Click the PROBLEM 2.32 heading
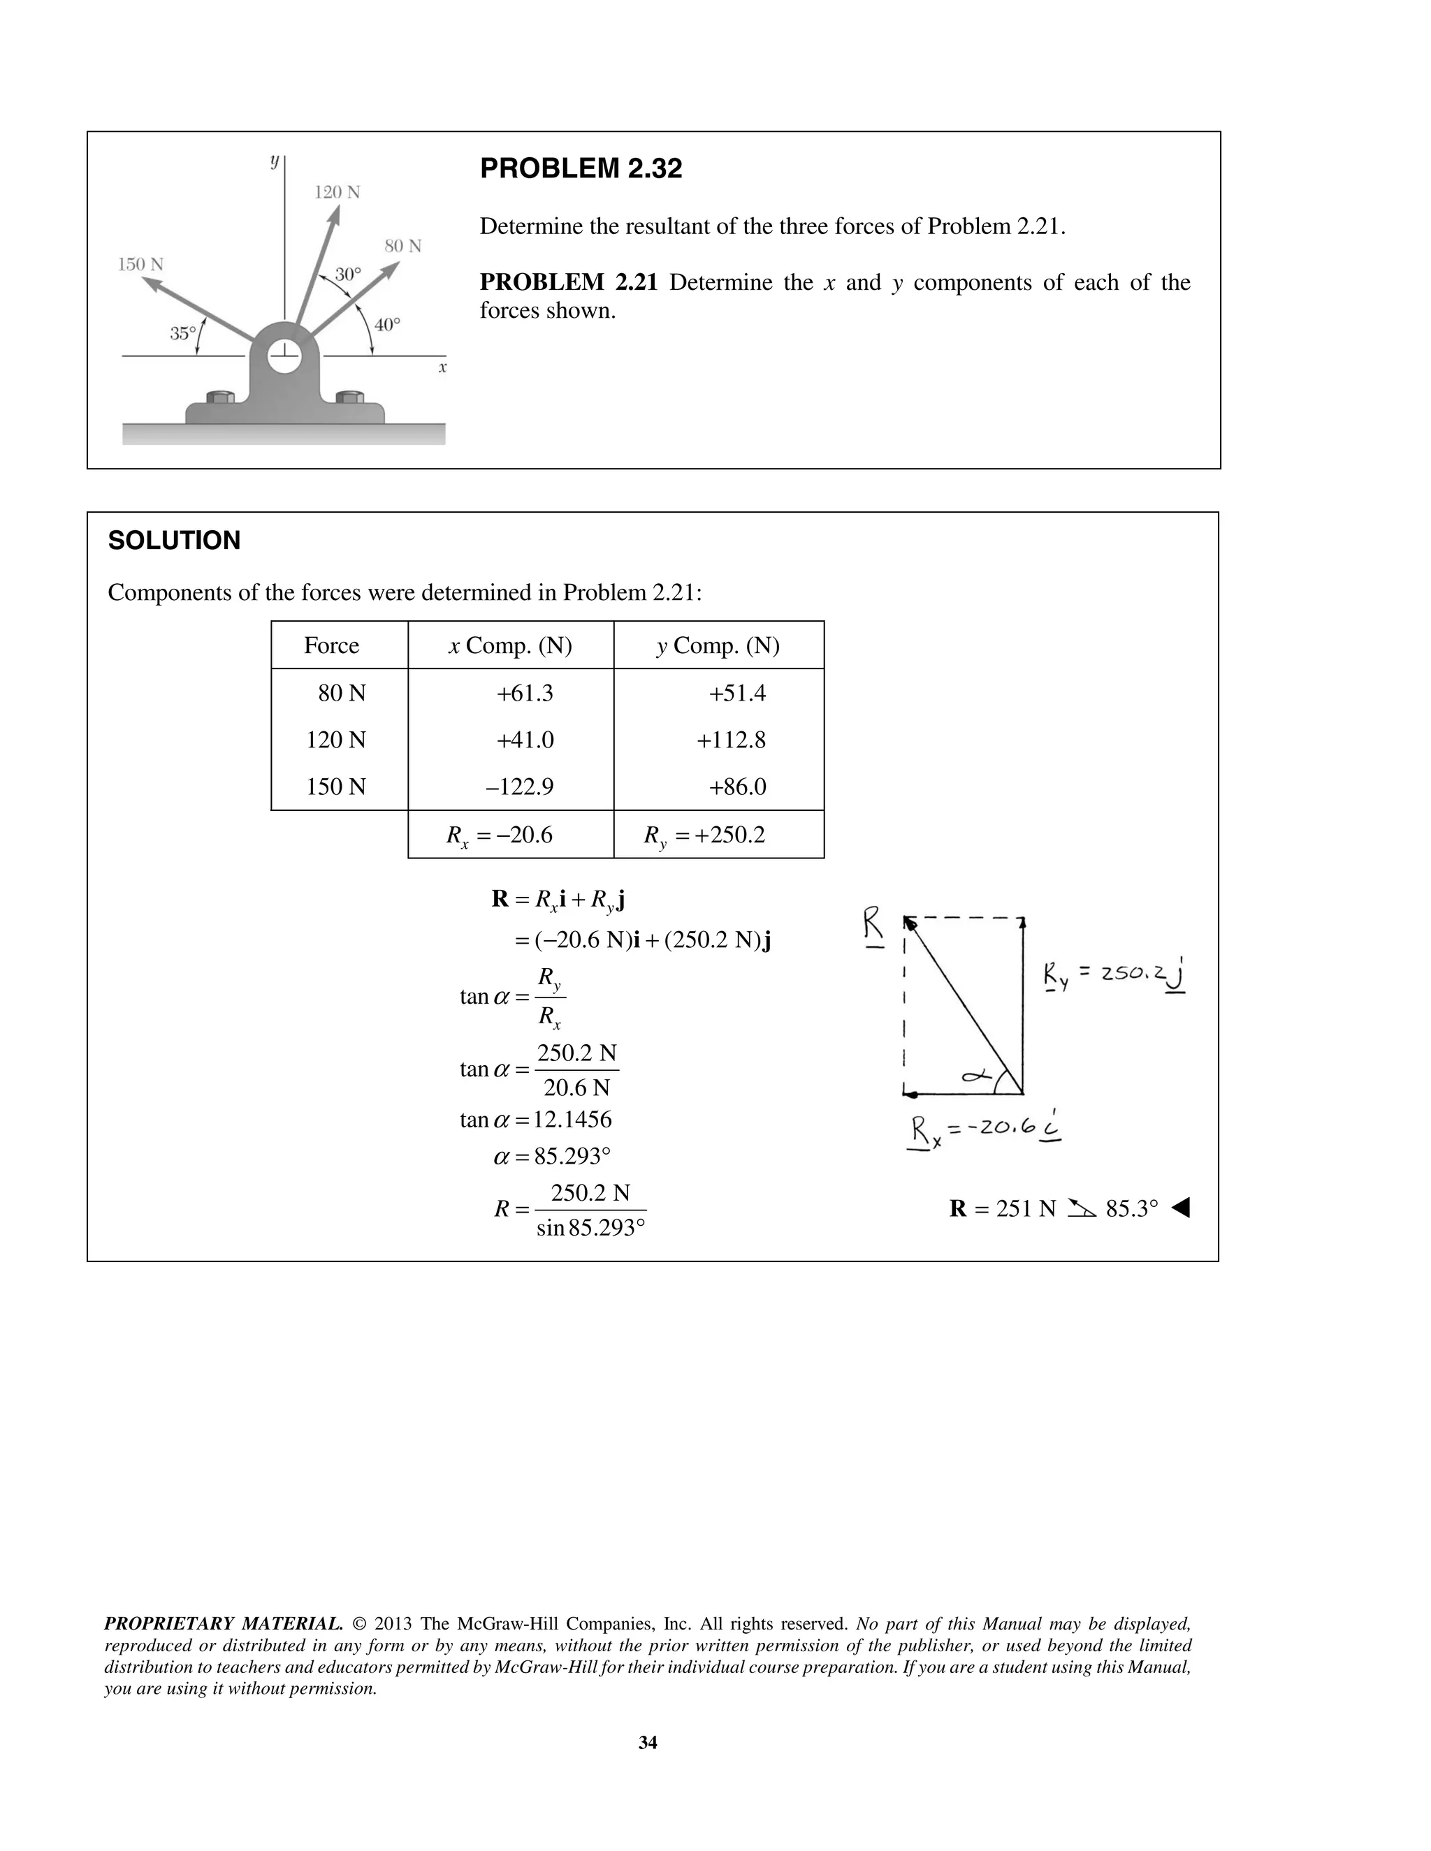click(x=581, y=168)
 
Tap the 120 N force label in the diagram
click(x=337, y=192)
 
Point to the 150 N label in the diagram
click(x=140, y=265)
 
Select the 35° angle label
click(x=182, y=333)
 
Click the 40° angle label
click(x=386, y=325)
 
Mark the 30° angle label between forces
click(x=347, y=274)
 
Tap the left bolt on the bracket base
click(x=219, y=397)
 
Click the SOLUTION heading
click(x=174, y=541)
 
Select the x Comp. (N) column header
click(x=510, y=646)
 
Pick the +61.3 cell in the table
click(x=525, y=694)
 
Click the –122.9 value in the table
click(x=520, y=787)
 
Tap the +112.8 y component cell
click(x=731, y=740)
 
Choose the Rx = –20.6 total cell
click(x=500, y=835)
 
